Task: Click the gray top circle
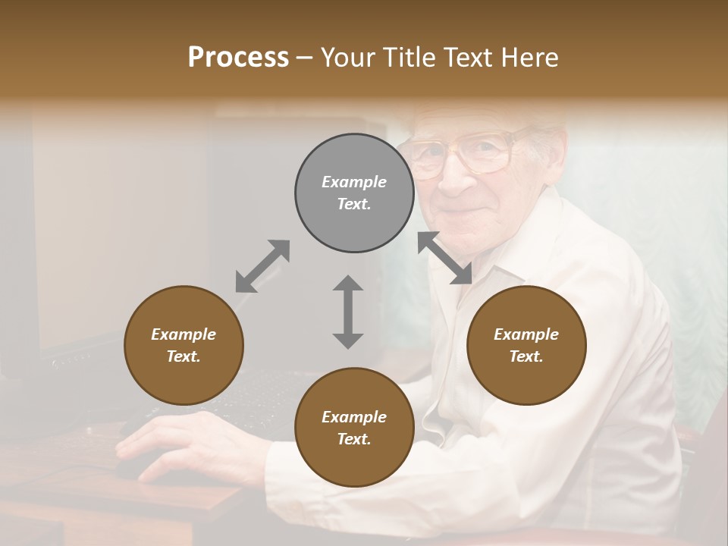tap(354, 193)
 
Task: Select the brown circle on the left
tap(184, 345)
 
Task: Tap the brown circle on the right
tap(526, 345)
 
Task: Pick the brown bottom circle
tap(354, 428)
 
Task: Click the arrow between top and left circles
tap(262, 265)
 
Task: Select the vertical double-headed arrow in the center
tap(348, 312)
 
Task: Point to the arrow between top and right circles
tap(444, 258)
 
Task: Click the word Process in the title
tap(238, 57)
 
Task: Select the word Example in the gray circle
tap(354, 182)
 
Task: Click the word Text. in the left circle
tap(184, 356)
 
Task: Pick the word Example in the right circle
tap(526, 334)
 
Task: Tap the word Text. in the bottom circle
tap(354, 439)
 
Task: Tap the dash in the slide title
tap(305, 58)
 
